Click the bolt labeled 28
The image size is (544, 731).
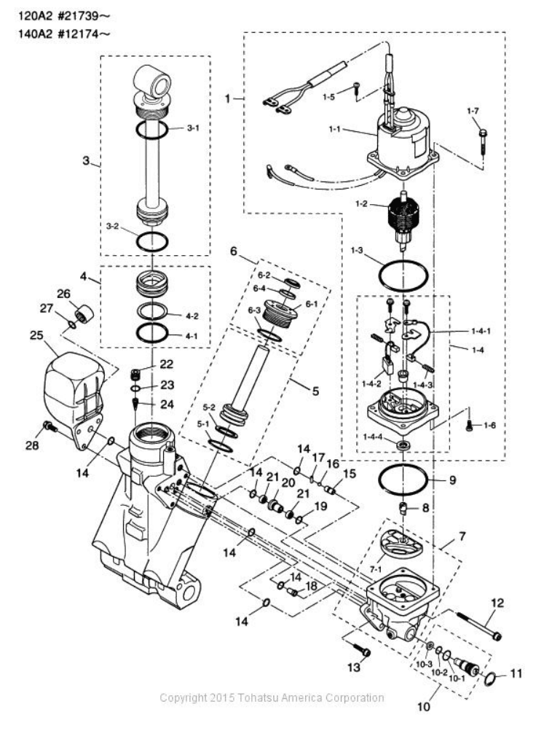click(x=49, y=426)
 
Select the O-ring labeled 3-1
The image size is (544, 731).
click(x=155, y=129)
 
